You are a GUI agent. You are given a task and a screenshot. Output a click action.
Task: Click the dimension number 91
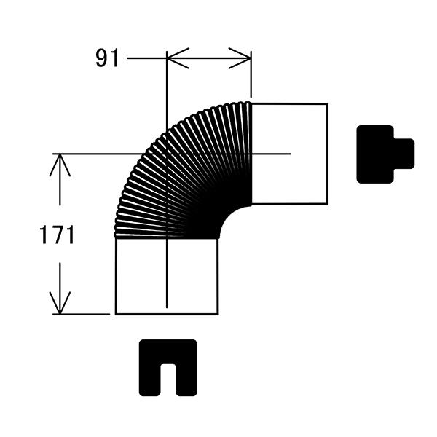(107, 58)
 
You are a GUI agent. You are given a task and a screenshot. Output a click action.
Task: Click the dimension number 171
(57, 235)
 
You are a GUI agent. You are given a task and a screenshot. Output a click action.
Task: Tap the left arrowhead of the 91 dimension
(178, 58)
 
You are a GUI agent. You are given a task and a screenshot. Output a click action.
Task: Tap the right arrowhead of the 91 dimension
(240, 58)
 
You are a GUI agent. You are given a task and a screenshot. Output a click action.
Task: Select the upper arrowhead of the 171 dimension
(60, 165)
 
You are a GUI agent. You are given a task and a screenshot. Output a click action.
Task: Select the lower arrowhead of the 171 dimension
(60, 303)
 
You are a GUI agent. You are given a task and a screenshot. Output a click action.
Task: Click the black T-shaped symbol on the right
(385, 154)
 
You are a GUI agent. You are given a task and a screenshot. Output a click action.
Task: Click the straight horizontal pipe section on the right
(290, 154)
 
